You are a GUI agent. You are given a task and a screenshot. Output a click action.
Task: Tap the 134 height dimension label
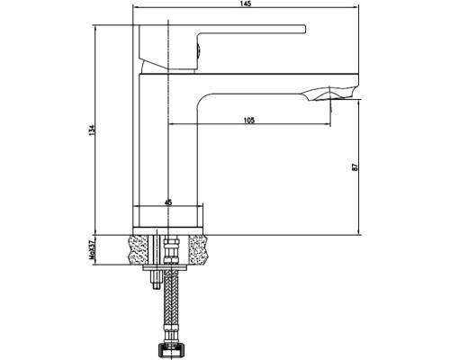(92, 130)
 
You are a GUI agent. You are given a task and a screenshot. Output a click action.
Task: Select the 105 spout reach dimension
(249, 120)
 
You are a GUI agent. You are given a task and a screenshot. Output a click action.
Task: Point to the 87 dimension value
(355, 167)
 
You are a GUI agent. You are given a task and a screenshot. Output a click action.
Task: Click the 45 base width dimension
(168, 202)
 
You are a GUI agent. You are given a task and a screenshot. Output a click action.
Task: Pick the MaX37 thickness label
(92, 252)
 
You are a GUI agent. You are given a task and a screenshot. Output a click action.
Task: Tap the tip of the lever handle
(305, 29)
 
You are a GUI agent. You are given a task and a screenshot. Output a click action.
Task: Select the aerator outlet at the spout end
(330, 94)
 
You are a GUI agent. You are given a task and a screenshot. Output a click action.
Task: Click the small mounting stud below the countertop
(156, 279)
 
